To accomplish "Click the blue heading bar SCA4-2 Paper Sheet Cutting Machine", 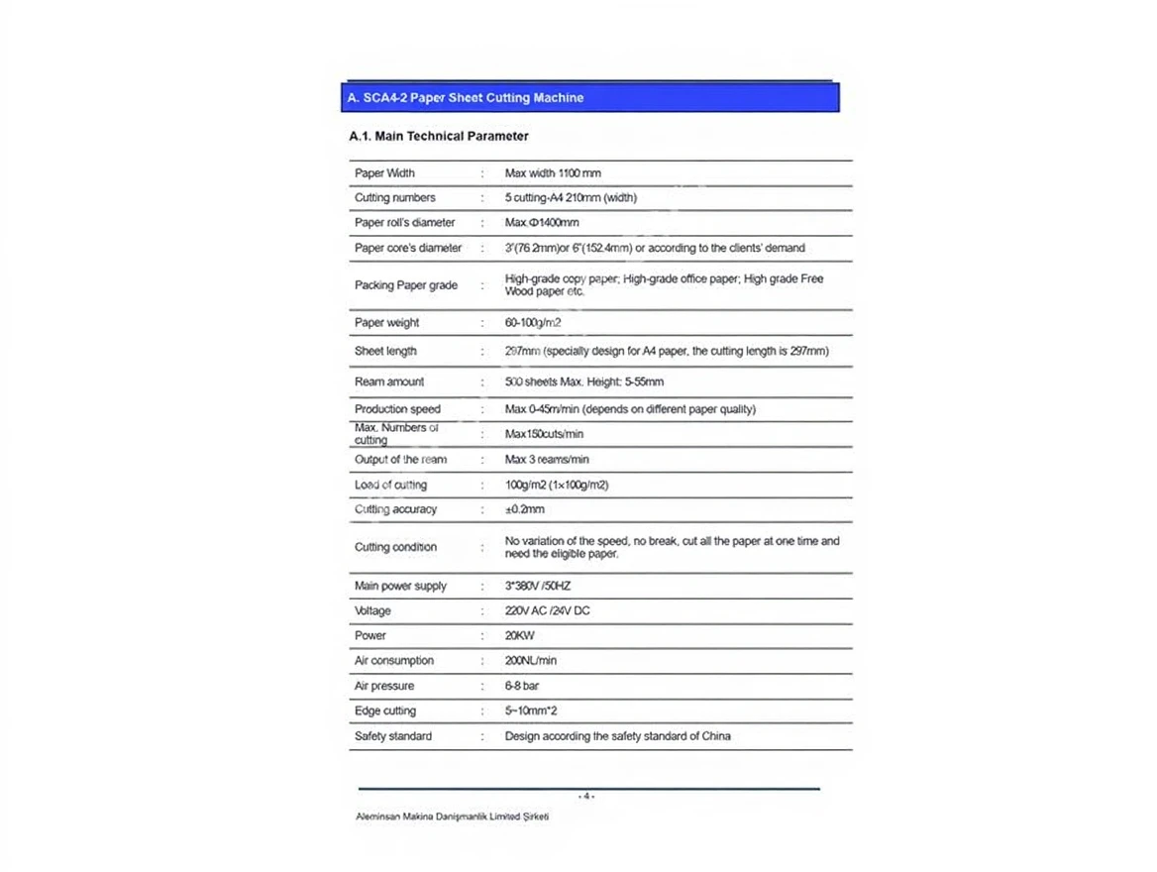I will pos(589,98).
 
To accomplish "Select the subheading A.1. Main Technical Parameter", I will pos(439,137).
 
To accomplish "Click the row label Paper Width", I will pos(384,173).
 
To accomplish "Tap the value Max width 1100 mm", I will pos(553,173).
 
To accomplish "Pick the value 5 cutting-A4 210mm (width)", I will pos(571,198).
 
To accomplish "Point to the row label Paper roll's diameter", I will pos(404,223).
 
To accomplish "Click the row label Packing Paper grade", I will pos(406,285).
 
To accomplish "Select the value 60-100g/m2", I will pos(533,323).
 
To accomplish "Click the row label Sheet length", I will pos(385,352).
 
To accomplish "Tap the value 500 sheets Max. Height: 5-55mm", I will pos(584,382).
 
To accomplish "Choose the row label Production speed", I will pos(397,409).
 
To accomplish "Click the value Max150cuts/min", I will pos(544,434).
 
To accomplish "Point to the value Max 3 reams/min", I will pos(547,460).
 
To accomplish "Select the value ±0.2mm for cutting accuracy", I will pos(525,509).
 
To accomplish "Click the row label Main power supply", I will pos(400,587).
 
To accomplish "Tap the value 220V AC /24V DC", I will pos(547,611).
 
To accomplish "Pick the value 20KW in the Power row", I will pos(519,636).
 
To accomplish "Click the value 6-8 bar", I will pos(522,686).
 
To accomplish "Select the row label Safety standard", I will pos(393,736).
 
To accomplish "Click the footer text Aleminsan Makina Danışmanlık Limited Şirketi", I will pos(452,817).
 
